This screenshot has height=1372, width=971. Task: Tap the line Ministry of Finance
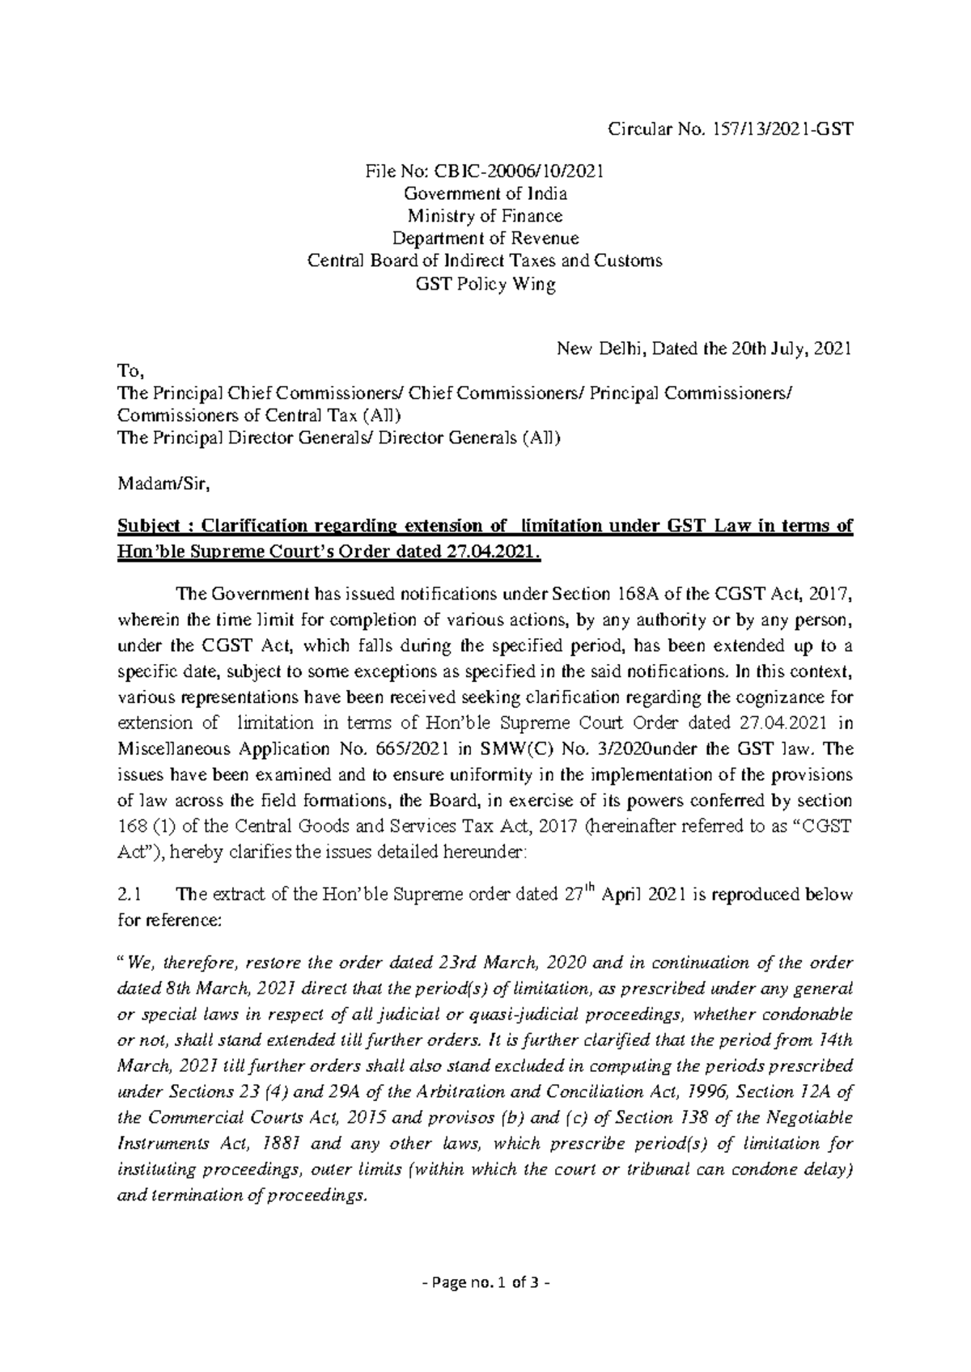click(485, 216)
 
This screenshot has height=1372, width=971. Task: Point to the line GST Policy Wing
click(485, 284)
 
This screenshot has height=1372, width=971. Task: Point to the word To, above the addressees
click(129, 372)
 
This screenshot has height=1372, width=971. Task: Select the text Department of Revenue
click(485, 239)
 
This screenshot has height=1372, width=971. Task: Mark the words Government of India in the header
click(485, 194)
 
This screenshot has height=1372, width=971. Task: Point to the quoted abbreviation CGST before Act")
click(830, 826)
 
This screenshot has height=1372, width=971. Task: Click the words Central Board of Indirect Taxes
click(421, 261)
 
